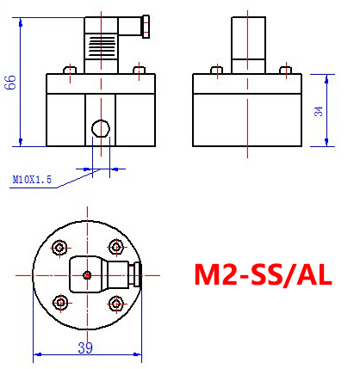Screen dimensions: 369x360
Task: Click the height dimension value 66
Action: [10, 83]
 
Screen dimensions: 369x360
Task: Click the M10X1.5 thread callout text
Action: [32, 180]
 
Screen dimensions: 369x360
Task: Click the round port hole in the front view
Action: [101, 129]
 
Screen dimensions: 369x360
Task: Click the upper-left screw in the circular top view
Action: [59, 249]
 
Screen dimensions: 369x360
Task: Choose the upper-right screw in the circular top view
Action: [115, 247]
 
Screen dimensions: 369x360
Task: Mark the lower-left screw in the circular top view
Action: [59, 302]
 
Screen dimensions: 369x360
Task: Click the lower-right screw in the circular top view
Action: [115, 302]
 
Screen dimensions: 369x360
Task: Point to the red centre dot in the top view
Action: [87, 275]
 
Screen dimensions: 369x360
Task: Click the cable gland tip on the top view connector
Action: [133, 275]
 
